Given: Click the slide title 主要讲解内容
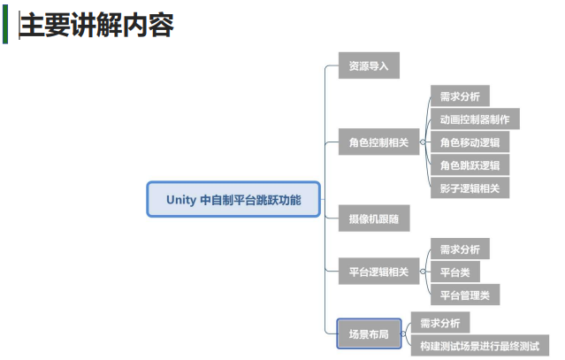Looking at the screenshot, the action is click(x=96, y=26).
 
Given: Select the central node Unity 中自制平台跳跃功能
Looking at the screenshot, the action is click(x=233, y=199).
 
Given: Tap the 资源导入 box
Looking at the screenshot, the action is click(x=369, y=65).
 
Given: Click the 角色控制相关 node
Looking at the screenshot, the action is click(x=378, y=142).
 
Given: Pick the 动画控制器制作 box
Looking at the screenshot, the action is click(x=475, y=119).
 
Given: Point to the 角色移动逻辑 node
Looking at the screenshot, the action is click(x=470, y=142).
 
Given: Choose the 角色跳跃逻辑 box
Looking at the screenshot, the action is click(x=470, y=165).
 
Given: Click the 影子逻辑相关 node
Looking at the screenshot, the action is click(x=470, y=188).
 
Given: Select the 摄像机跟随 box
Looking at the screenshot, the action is click(x=374, y=218).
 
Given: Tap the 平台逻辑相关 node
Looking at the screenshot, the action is click(x=378, y=272).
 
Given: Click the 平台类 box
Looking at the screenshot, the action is click(x=455, y=272).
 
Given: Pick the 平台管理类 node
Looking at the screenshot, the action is click(x=465, y=295).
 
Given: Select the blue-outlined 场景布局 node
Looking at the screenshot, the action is click(x=369, y=333).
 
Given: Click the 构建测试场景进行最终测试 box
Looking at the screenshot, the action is click(x=480, y=346).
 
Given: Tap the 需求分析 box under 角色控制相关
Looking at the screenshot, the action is click(x=460, y=96).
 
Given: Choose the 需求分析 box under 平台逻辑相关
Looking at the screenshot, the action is click(x=460, y=249).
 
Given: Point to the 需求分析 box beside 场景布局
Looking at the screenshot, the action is click(x=440, y=323).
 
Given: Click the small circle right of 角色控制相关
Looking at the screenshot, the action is click(x=423, y=142).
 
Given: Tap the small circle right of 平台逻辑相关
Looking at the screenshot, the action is click(x=423, y=272).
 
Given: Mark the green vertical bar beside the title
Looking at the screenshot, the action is click(x=5, y=25).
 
